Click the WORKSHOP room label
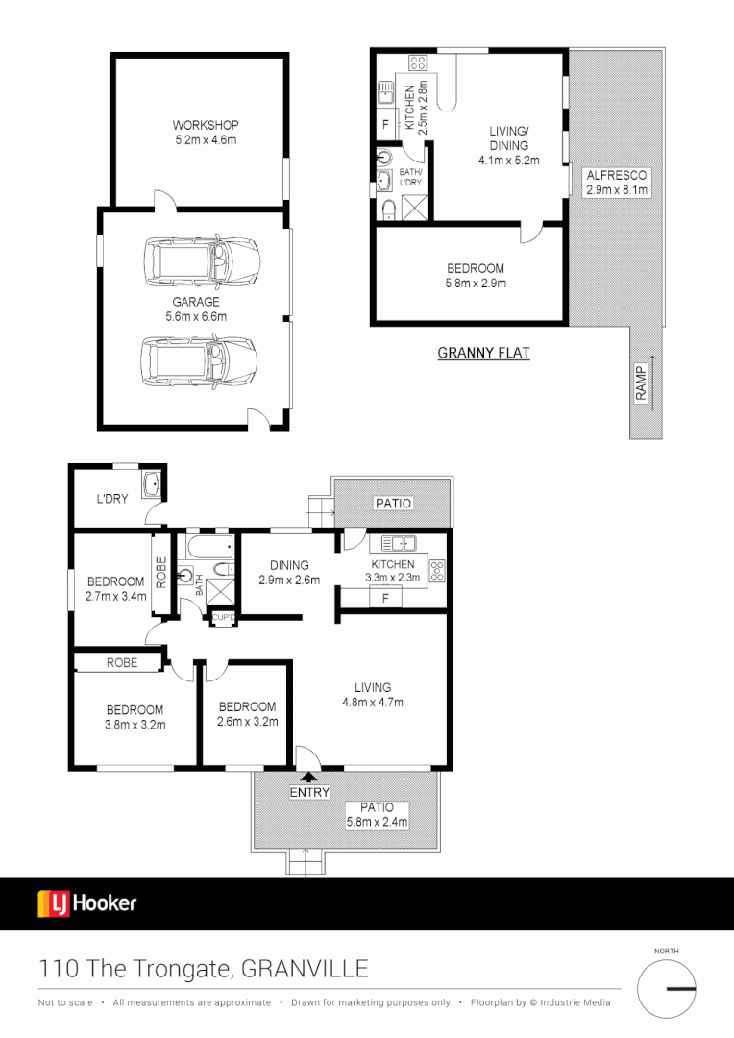click(x=205, y=133)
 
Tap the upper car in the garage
click(x=202, y=262)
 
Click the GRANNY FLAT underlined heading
click(x=483, y=353)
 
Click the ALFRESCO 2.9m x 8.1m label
click(x=617, y=183)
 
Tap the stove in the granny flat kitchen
click(x=418, y=64)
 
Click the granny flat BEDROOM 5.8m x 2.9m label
click(x=476, y=276)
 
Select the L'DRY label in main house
click(x=111, y=499)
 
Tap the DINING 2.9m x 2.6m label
click(x=288, y=572)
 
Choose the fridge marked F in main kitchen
click(x=385, y=598)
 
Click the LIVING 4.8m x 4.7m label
click(x=373, y=694)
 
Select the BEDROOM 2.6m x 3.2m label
click(x=247, y=713)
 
